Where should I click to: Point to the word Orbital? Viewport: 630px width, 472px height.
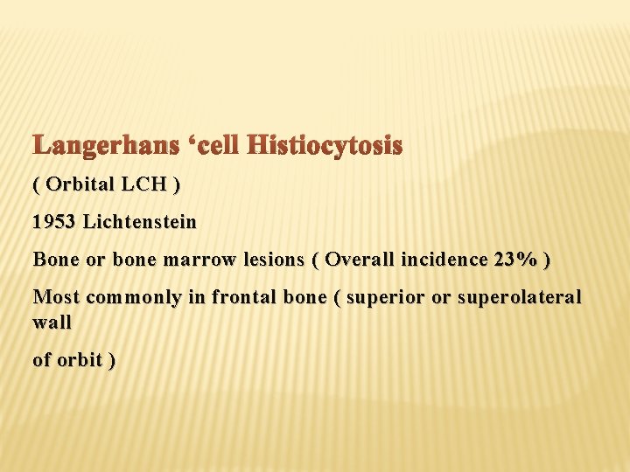[79, 184]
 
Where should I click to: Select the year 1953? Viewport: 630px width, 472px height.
[53, 222]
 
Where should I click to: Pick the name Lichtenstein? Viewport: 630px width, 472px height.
[140, 222]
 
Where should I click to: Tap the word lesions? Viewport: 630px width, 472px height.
[258, 260]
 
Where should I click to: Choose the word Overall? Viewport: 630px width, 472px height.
[356, 260]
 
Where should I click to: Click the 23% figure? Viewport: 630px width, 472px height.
[514, 260]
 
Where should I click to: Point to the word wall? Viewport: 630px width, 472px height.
[52, 323]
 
